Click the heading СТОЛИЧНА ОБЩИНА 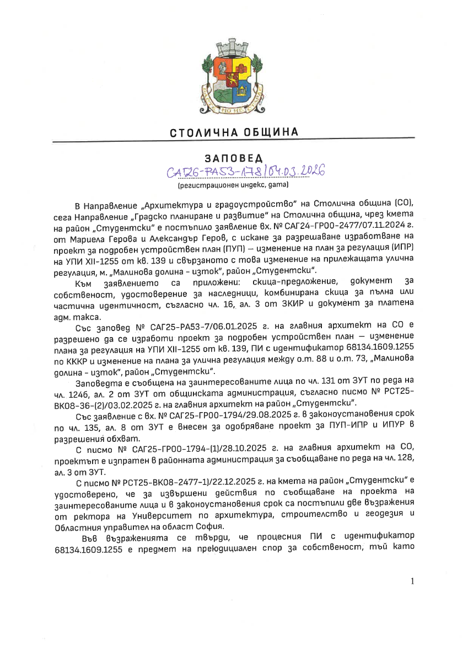click(x=234, y=132)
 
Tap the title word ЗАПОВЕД click(x=234, y=159)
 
